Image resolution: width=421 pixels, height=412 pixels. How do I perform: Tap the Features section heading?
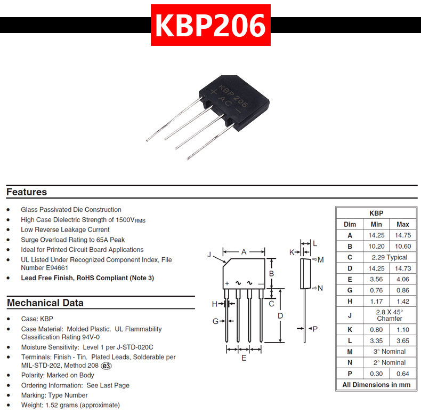[x=27, y=192]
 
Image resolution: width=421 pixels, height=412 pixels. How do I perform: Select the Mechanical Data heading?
[x=45, y=303]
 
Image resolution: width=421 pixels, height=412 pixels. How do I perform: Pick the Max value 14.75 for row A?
[x=403, y=235]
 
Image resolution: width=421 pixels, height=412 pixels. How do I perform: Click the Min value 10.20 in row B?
[x=376, y=246]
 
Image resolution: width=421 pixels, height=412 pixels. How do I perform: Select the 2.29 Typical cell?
[x=389, y=257]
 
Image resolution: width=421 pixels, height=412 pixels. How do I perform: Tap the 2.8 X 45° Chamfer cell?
[x=389, y=315]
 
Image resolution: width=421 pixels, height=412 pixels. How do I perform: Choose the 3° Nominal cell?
[x=389, y=352]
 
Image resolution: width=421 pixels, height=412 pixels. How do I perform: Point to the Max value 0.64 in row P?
[x=403, y=374]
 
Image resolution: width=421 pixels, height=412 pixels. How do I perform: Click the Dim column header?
[x=350, y=224]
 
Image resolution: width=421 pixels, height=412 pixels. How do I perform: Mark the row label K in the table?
[x=350, y=330]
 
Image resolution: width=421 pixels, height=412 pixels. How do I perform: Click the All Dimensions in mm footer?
[x=376, y=385]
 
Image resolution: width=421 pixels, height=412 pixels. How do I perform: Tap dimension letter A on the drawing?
[x=244, y=251]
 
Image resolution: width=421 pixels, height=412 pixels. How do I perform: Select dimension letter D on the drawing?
[x=280, y=315]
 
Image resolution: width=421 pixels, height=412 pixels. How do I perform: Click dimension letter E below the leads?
[x=244, y=358]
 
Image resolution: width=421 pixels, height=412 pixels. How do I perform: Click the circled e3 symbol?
[x=107, y=366]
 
